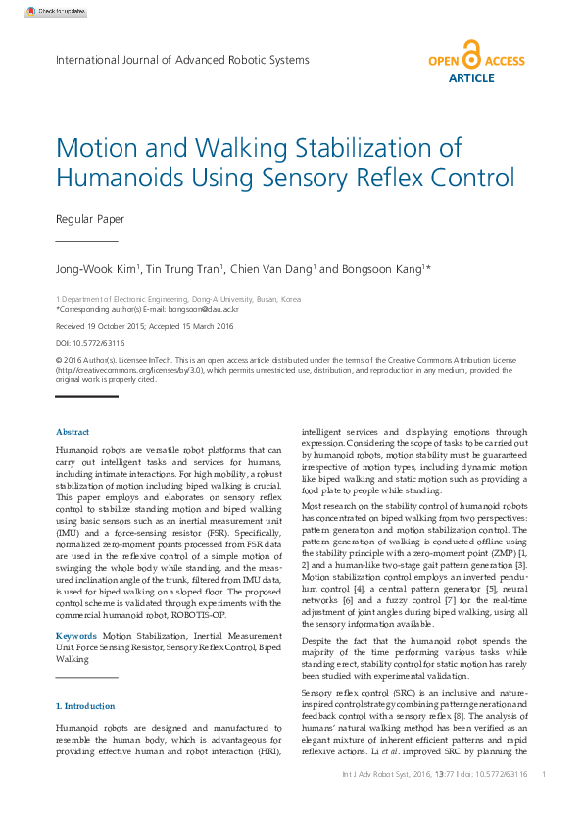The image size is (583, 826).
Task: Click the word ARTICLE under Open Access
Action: coord(471,77)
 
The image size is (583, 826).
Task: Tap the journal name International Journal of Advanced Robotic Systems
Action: coord(182,60)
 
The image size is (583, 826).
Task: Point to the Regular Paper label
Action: coord(90,220)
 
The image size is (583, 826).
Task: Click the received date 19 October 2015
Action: coord(127,326)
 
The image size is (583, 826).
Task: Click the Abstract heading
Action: coord(73,432)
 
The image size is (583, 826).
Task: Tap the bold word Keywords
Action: coord(76,636)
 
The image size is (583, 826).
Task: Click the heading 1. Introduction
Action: coord(85,706)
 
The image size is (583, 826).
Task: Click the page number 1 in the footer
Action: coord(544,774)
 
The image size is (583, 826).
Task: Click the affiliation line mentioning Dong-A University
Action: coord(178,298)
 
